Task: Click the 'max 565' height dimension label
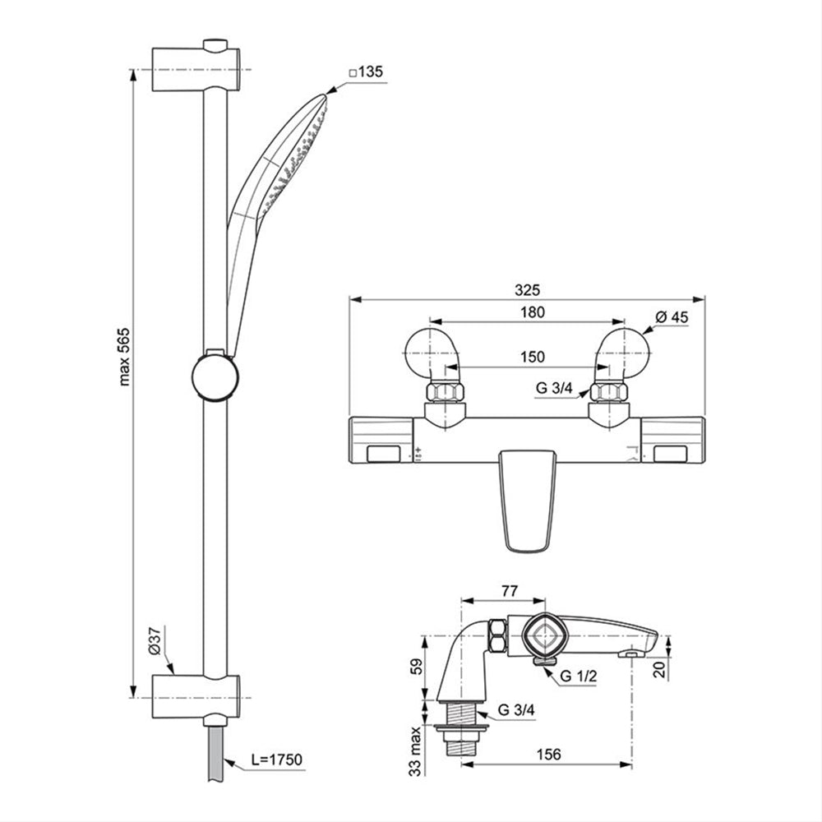[x=124, y=357]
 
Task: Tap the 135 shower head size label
[x=367, y=72]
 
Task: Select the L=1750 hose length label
[x=276, y=759]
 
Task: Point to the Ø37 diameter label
[x=155, y=640]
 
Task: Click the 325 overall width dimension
[x=527, y=289]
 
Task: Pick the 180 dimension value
[x=532, y=312]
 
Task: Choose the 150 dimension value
[x=532, y=357]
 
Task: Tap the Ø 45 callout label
[x=672, y=316]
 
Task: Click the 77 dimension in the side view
[x=509, y=591]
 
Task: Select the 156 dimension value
[x=548, y=754]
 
